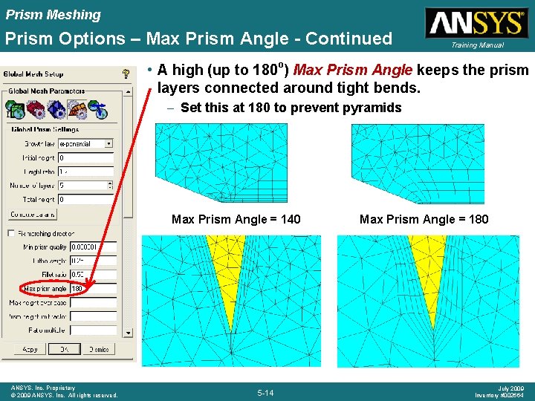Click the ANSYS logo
[475, 23]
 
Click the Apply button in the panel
[30, 349]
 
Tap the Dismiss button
[99, 349]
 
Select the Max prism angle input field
[92, 288]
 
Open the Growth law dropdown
[86, 143]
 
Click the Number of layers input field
[86, 186]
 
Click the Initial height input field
[86, 157]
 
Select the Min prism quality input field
[92, 247]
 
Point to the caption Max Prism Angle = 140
[236, 219]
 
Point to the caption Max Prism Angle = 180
[424, 219]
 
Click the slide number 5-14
[265, 392]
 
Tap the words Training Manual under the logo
[476, 45]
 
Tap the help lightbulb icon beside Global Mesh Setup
[126, 74]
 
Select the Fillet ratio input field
[92, 274]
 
